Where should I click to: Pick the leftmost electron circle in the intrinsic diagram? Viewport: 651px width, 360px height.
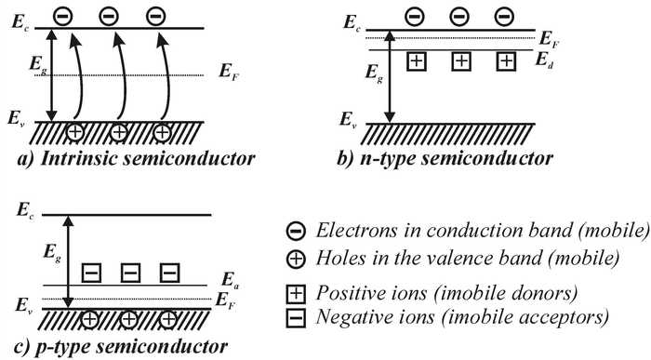point(61,15)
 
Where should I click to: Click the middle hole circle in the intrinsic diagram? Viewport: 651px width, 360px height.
point(119,130)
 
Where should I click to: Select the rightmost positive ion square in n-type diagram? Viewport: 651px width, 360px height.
point(505,61)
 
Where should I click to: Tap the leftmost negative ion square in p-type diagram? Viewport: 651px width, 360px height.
point(91,273)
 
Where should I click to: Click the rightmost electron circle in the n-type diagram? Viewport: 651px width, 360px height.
point(505,15)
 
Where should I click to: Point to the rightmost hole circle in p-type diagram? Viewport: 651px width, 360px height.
point(168,317)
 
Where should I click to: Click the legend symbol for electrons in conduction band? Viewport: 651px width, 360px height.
point(293,229)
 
